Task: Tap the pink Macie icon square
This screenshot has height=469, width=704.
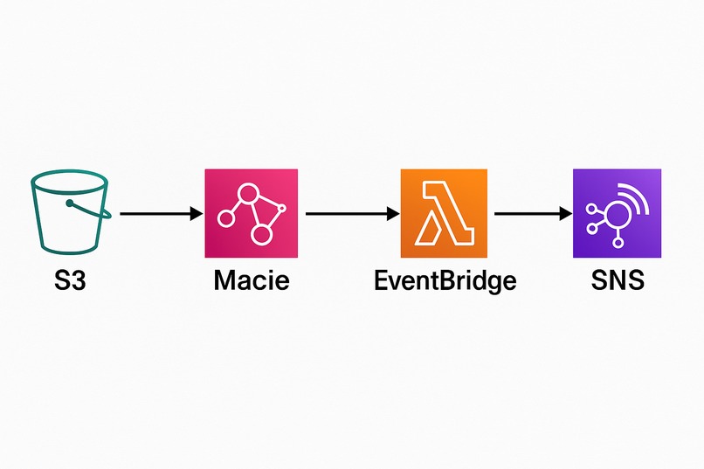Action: (251, 213)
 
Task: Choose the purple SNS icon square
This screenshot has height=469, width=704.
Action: (617, 213)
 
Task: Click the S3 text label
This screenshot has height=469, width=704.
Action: (69, 282)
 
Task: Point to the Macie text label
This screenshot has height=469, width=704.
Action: (251, 282)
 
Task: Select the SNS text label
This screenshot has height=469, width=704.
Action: (617, 282)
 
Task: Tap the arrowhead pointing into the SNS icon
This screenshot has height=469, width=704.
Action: (565, 213)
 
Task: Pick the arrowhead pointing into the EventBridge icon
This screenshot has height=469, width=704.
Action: (390, 213)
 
